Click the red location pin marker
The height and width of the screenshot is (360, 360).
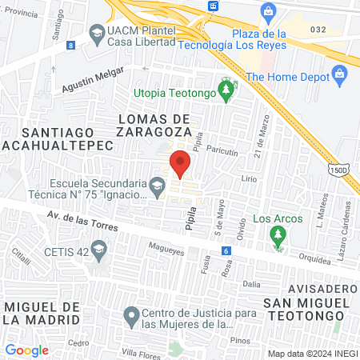181,162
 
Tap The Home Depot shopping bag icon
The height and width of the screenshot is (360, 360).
341,77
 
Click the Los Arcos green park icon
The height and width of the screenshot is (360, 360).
278,234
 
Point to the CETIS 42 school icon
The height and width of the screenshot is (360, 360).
98,250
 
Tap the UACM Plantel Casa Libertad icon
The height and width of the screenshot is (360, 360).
95,34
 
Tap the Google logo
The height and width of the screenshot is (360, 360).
26,350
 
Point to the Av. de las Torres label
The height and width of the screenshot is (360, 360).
82,222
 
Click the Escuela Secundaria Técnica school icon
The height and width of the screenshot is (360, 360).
157,189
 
